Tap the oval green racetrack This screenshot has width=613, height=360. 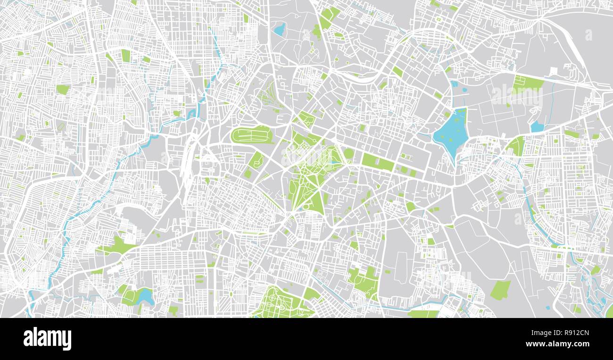[252, 135]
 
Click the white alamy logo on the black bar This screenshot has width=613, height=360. [47, 339]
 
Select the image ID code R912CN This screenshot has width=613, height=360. [573, 333]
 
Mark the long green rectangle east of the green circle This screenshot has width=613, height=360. [378, 163]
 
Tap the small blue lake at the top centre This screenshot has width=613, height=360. [280, 30]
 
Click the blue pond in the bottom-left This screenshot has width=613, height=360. [146, 297]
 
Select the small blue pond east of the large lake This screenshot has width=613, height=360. [537, 126]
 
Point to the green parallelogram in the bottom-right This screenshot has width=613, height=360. [500, 290]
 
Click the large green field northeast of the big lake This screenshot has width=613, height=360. [528, 84]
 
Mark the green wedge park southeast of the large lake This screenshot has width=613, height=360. [517, 146]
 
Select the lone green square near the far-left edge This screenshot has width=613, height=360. [62, 89]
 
